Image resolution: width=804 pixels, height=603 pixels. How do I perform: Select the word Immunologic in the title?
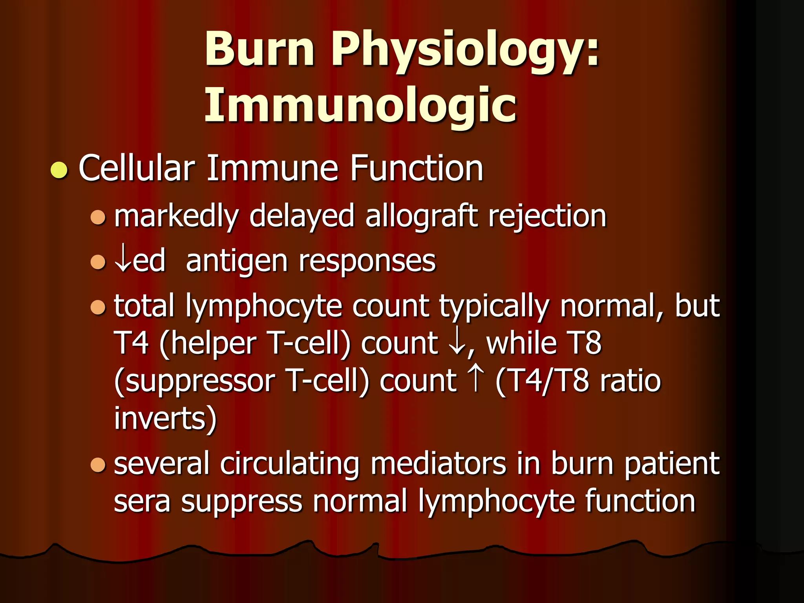point(360,105)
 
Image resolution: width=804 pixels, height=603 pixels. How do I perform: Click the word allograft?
point(421,217)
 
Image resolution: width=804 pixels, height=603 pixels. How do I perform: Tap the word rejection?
point(547,217)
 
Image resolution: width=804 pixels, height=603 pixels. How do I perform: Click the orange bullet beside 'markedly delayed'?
point(98,217)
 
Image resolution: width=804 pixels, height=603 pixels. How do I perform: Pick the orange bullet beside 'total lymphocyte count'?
point(98,307)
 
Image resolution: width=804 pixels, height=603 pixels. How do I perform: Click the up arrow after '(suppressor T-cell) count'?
point(475,380)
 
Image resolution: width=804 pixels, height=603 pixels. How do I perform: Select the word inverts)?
point(165,418)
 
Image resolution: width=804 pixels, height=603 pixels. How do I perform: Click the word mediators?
point(438,464)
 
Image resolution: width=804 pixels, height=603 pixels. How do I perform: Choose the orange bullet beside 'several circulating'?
point(98,465)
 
